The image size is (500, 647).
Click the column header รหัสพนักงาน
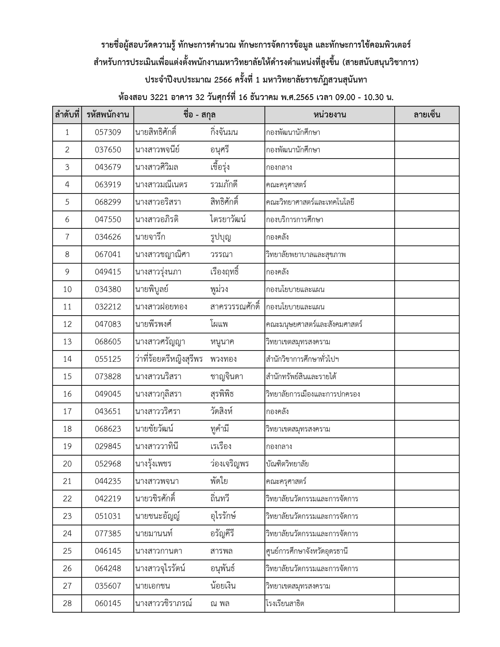tap(108, 115)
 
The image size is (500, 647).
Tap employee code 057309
tap(108, 132)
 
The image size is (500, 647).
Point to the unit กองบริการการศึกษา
tap(295, 220)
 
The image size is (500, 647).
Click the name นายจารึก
tap(150, 237)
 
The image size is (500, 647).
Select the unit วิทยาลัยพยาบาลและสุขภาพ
tap(306, 255)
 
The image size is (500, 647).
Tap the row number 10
tap(67, 289)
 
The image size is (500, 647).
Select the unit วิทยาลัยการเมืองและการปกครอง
tap(313, 394)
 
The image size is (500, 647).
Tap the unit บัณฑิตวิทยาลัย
tap(287, 464)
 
